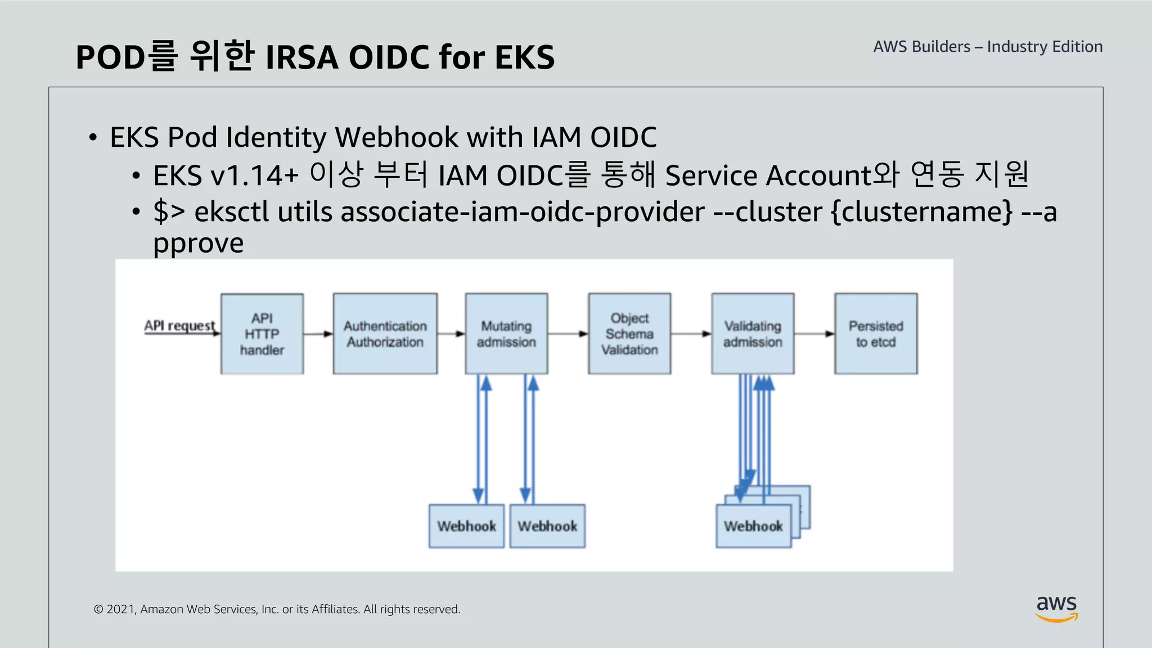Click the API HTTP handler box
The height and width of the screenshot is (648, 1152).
[262, 334]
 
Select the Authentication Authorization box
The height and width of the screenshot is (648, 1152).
[385, 334]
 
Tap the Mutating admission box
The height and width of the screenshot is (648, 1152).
[506, 334]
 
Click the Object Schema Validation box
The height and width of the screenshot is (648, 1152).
[629, 334]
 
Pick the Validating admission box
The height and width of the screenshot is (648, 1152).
[753, 334]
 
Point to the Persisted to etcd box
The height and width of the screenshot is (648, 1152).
[876, 334]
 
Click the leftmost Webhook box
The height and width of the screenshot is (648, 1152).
[466, 526]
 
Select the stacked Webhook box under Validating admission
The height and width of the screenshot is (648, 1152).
[753, 526]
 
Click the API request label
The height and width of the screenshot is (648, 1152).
[179, 326]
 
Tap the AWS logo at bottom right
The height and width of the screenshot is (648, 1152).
[1056, 608]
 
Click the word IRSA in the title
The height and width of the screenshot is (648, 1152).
[301, 57]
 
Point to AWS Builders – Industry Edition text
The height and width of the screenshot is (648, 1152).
[988, 47]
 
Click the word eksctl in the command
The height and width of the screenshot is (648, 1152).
[231, 212]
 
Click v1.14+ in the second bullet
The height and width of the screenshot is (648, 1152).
[254, 175]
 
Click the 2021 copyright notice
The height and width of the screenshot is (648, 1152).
[277, 609]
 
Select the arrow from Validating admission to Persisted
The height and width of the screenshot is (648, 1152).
[814, 334]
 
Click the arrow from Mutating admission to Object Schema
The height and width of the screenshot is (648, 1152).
[568, 334]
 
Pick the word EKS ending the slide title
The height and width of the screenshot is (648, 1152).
[524, 57]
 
